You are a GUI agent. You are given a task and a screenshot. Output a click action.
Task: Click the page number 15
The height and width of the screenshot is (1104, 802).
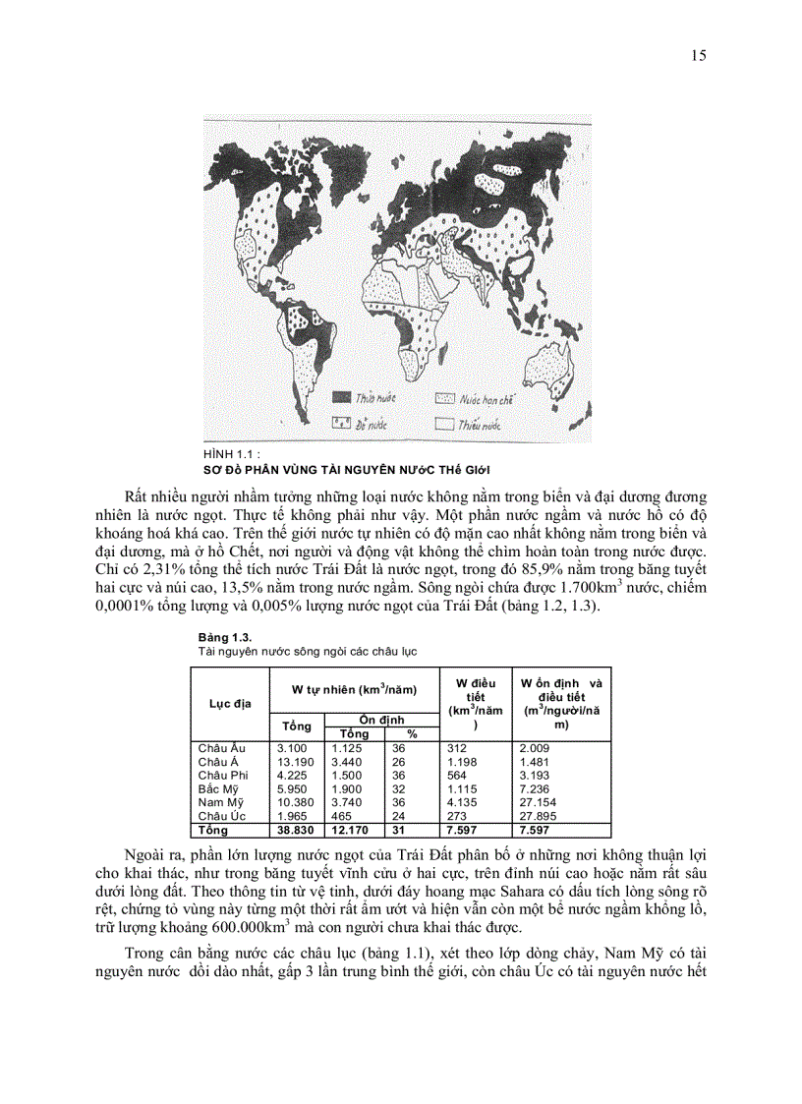point(699,55)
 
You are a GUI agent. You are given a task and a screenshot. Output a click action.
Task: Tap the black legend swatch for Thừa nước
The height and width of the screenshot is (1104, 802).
point(341,399)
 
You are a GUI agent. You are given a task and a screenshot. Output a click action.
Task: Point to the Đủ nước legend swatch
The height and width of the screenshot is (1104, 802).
point(341,423)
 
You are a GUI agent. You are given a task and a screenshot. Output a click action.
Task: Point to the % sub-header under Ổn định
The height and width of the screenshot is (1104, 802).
point(412,733)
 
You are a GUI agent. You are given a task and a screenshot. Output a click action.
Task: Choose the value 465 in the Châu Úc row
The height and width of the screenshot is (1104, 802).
point(343,816)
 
